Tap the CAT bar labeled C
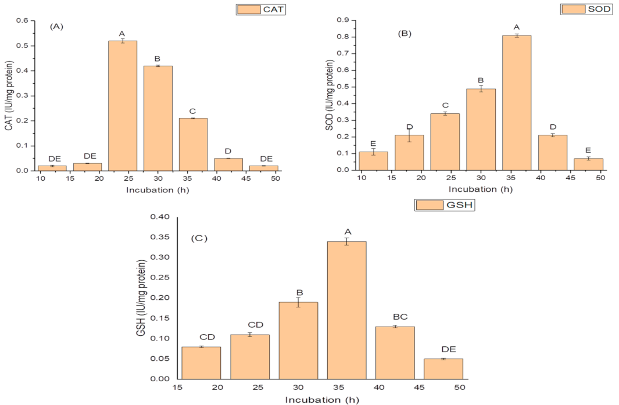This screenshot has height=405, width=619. point(193,144)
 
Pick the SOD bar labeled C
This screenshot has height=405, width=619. point(445,142)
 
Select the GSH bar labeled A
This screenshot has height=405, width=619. point(346,310)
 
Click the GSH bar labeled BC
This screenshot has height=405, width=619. point(395,352)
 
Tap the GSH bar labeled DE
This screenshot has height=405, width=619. point(443,368)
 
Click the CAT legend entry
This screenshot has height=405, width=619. point(262,9)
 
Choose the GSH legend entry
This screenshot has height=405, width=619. point(445,205)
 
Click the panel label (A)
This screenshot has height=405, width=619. point(58,26)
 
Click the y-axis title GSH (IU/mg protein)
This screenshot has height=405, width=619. point(141,298)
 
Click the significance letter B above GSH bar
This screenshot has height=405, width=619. point(298,292)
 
